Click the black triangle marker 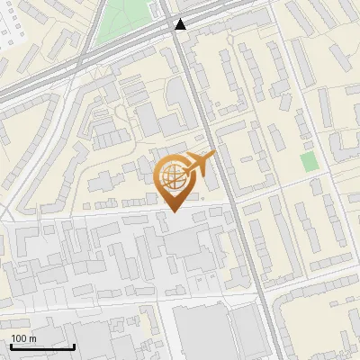[x=181, y=24]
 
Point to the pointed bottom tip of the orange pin [x=173, y=211]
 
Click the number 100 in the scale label [x=19, y=338]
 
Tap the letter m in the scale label [x=32, y=338]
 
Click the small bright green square [x=309, y=162]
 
